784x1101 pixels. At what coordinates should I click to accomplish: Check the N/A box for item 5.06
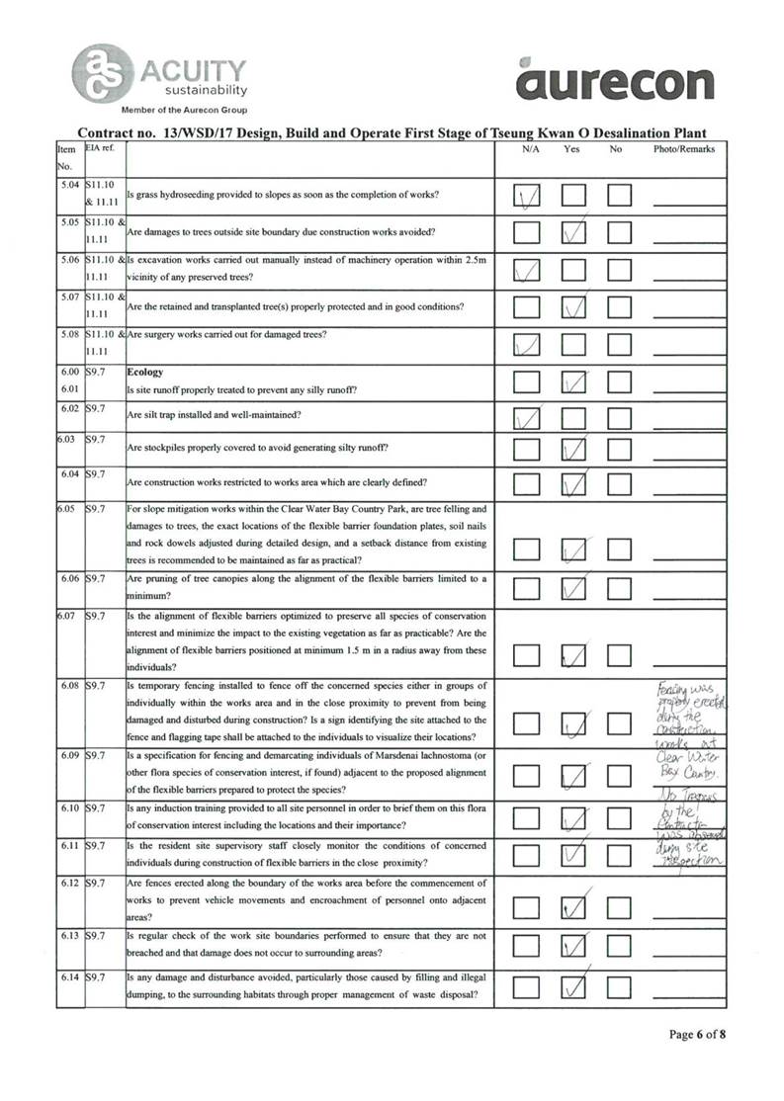[x=527, y=269]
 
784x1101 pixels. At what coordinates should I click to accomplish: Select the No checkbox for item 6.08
[x=620, y=726]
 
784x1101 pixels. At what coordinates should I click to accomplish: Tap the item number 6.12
[x=69, y=882]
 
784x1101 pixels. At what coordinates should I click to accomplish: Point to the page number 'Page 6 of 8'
[x=698, y=1035]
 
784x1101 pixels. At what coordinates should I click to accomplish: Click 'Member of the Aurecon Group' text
[x=184, y=109]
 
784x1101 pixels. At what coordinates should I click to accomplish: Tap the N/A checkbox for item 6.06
[x=527, y=588]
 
